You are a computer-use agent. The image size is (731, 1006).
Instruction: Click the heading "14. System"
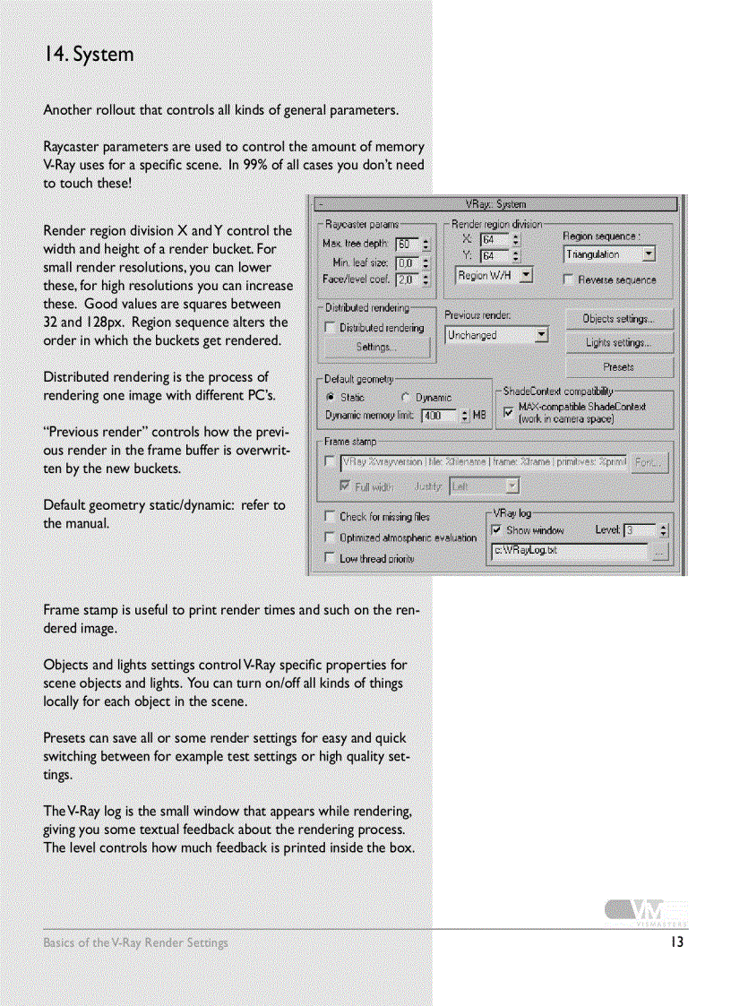coord(89,55)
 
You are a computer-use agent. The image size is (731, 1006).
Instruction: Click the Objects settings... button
coord(619,319)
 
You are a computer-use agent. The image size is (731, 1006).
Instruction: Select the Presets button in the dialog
coord(619,366)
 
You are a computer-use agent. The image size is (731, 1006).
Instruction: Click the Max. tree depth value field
coord(407,244)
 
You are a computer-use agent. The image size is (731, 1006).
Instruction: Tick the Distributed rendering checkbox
coord(329,328)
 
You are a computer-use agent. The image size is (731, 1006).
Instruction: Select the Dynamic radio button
coord(406,397)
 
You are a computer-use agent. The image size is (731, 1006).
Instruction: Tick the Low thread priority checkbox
coord(329,558)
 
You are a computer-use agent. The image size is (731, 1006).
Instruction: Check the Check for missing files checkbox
coord(329,516)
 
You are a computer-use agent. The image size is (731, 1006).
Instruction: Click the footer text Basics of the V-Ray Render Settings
coord(135,942)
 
